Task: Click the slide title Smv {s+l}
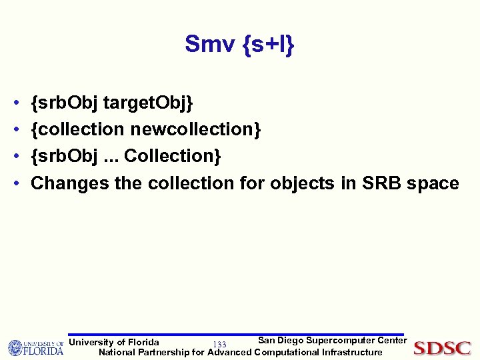pos(240,45)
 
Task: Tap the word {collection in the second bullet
pos(77,129)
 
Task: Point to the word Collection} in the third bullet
pos(173,156)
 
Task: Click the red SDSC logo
pos(442,348)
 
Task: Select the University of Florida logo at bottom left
pos(35,348)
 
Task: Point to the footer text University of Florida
pos(114,343)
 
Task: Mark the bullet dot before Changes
pos(15,183)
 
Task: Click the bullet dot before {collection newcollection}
pos(15,130)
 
